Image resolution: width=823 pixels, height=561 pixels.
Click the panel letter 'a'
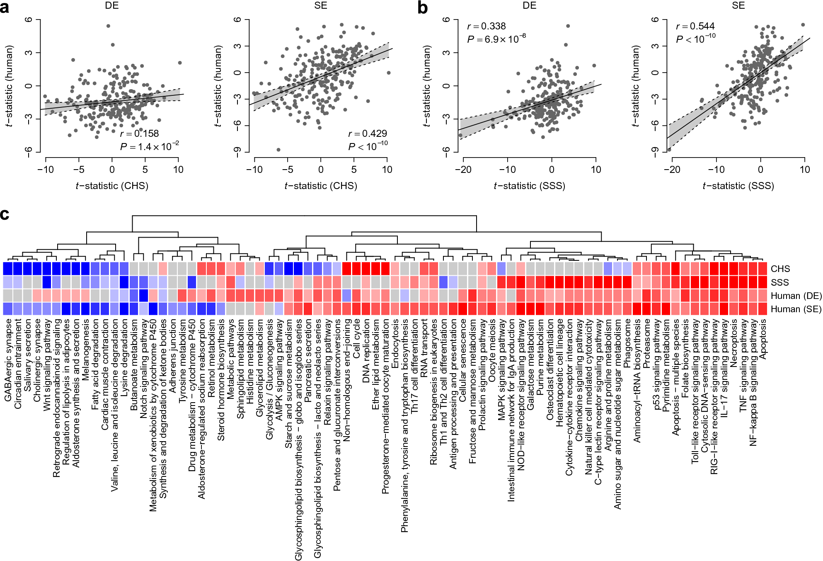[x=5, y=7]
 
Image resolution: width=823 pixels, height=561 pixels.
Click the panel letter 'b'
[x=423, y=7]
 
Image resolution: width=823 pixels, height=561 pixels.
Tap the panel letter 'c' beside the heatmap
[x=5, y=215]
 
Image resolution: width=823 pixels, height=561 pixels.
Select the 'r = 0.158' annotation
[x=139, y=134]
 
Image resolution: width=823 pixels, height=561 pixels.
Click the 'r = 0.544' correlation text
[x=695, y=27]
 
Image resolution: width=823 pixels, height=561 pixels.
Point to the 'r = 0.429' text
[x=368, y=134]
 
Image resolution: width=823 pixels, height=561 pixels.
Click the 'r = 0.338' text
[x=486, y=27]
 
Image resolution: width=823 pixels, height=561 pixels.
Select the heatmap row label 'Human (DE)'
[x=796, y=296]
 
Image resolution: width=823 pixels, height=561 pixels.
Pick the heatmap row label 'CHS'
[x=780, y=269]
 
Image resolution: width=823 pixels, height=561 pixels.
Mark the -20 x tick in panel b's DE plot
[x=463, y=170]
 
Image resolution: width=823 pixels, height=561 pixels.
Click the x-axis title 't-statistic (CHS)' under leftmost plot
[x=112, y=186]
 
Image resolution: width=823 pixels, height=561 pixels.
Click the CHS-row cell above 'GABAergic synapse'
[x=8, y=269]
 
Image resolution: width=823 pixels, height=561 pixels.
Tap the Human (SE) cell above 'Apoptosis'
[x=762, y=309]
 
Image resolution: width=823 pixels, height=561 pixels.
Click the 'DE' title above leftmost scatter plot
[x=112, y=5]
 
